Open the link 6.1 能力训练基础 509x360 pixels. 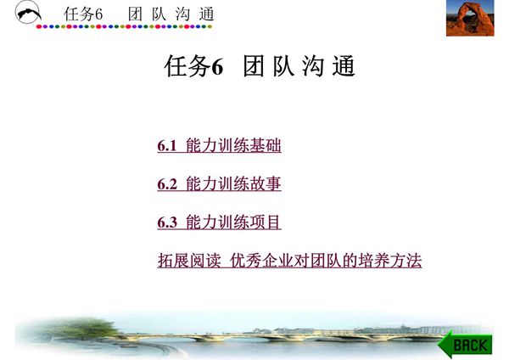(219, 146)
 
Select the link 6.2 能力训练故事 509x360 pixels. (219, 184)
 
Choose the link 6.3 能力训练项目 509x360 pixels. (219, 223)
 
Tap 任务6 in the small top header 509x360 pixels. (88, 14)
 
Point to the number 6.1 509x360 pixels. (167, 146)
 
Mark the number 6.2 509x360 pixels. (167, 184)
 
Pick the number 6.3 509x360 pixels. (167, 223)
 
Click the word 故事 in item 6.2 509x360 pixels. (267, 184)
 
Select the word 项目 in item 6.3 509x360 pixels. (267, 223)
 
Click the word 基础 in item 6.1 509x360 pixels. (267, 146)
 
